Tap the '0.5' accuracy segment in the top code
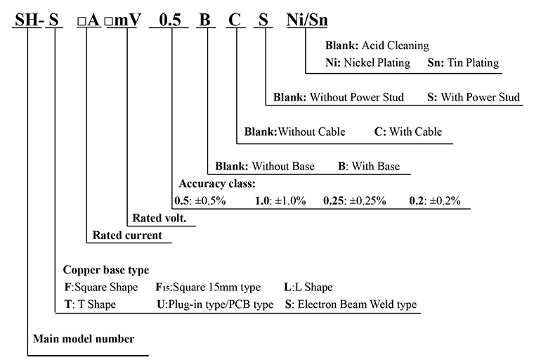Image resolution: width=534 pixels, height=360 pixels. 171,20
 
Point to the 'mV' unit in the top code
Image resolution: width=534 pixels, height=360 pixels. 129,20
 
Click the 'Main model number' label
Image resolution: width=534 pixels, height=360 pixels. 84,338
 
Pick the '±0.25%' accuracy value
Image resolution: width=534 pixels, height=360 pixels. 365,200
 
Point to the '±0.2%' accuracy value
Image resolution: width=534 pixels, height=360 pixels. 444,200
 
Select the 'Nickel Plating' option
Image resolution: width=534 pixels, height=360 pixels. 377,63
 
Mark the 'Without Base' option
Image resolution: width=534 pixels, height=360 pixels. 283,167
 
